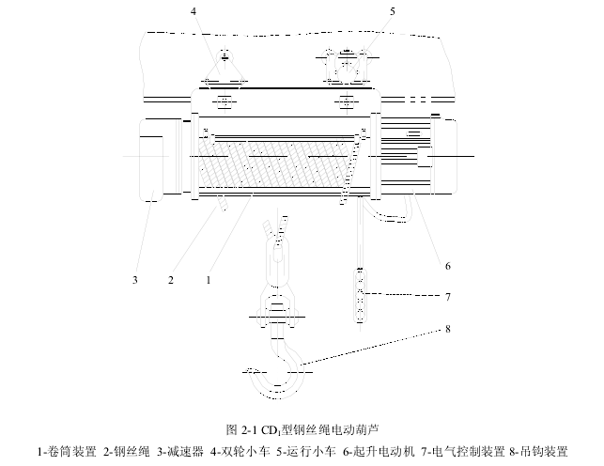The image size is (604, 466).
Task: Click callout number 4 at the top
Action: [194, 11]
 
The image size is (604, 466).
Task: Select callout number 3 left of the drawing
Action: [135, 279]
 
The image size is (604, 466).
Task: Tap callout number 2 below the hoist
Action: [171, 279]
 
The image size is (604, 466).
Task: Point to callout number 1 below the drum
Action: [208, 279]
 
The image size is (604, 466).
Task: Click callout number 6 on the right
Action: [448, 266]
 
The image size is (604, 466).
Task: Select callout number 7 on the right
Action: [448, 297]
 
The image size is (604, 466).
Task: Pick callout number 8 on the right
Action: [448, 329]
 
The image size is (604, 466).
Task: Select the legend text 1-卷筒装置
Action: [66, 451]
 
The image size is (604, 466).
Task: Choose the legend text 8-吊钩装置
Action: [538, 451]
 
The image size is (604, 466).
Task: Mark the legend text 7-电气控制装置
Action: [460, 451]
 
